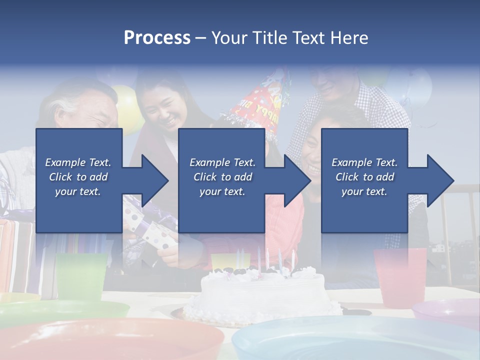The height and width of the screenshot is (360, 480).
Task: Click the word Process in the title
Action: [157, 38]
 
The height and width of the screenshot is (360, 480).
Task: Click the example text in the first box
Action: [78, 177]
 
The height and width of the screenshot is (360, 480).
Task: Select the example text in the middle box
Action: [222, 177]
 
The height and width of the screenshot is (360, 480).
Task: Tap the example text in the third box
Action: [364, 177]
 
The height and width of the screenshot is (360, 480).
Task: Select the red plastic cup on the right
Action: [400, 277]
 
